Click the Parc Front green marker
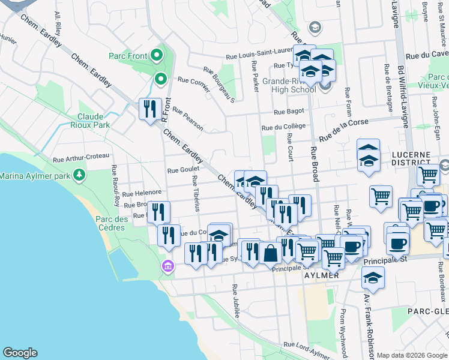(x=157, y=56)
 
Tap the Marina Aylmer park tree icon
(x=79, y=175)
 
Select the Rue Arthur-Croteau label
(x=81, y=158)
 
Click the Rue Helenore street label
(x=142, y=193)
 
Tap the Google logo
(x=20, y=353)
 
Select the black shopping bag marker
(x=271, y=254)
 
